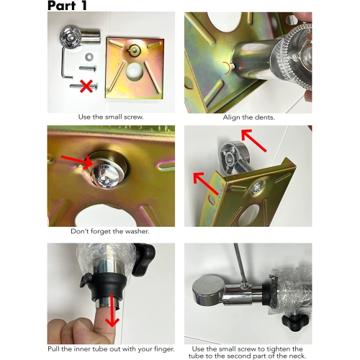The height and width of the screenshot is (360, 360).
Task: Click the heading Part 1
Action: (67, 6)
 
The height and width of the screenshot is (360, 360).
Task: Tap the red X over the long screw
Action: (86, 86)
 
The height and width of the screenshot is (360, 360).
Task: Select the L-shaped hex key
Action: (66, 63)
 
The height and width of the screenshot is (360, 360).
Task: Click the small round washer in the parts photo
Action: (89, 57)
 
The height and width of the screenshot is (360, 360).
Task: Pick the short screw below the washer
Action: (88, 68)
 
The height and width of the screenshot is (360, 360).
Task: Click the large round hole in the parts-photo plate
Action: (135, 71)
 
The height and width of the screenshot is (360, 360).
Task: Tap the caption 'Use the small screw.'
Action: (111, 117)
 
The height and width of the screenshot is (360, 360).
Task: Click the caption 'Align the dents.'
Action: (248, 117)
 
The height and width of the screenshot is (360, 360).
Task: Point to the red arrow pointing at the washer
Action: (77, 161)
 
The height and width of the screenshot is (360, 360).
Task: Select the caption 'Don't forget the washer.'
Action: (110, 231)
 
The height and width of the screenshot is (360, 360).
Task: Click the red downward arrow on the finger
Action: (112, 311)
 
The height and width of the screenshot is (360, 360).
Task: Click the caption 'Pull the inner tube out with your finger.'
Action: (111, 349)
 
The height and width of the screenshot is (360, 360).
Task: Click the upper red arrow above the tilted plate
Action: (254, 140)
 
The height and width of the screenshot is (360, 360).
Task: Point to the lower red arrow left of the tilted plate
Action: (206, 184)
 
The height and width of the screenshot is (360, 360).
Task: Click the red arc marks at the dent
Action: (233, 66)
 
